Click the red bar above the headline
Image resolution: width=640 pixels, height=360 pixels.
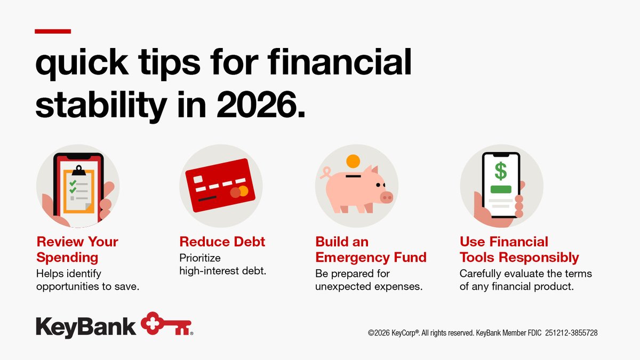pyautogui.click(x=53, y=31)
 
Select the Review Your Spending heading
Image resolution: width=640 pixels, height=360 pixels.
pyautogui.click(x=77, y=250)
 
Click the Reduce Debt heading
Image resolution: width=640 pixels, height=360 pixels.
pyautogui.click(x=222, y=242)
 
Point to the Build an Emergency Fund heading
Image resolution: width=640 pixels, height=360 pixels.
pyautogui.click(x=371, y=250)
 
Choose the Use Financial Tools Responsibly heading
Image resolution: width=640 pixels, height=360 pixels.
pyautogui.click(x=519, y=250)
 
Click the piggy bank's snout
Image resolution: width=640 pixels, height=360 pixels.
pyautogui.click(x=386, y=197)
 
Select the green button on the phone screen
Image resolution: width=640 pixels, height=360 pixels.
pyautogui.click(x=501, y=189)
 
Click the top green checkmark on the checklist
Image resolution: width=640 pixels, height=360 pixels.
pyautogui.click(x=73, y=182)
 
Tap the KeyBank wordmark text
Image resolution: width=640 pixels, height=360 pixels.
pyautogui.click(x=86, y=326)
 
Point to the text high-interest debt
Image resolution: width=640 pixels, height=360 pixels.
pyautogui.click(x=222, y=271)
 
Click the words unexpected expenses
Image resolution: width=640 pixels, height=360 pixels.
pyautogui.click(x=369, y=286)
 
